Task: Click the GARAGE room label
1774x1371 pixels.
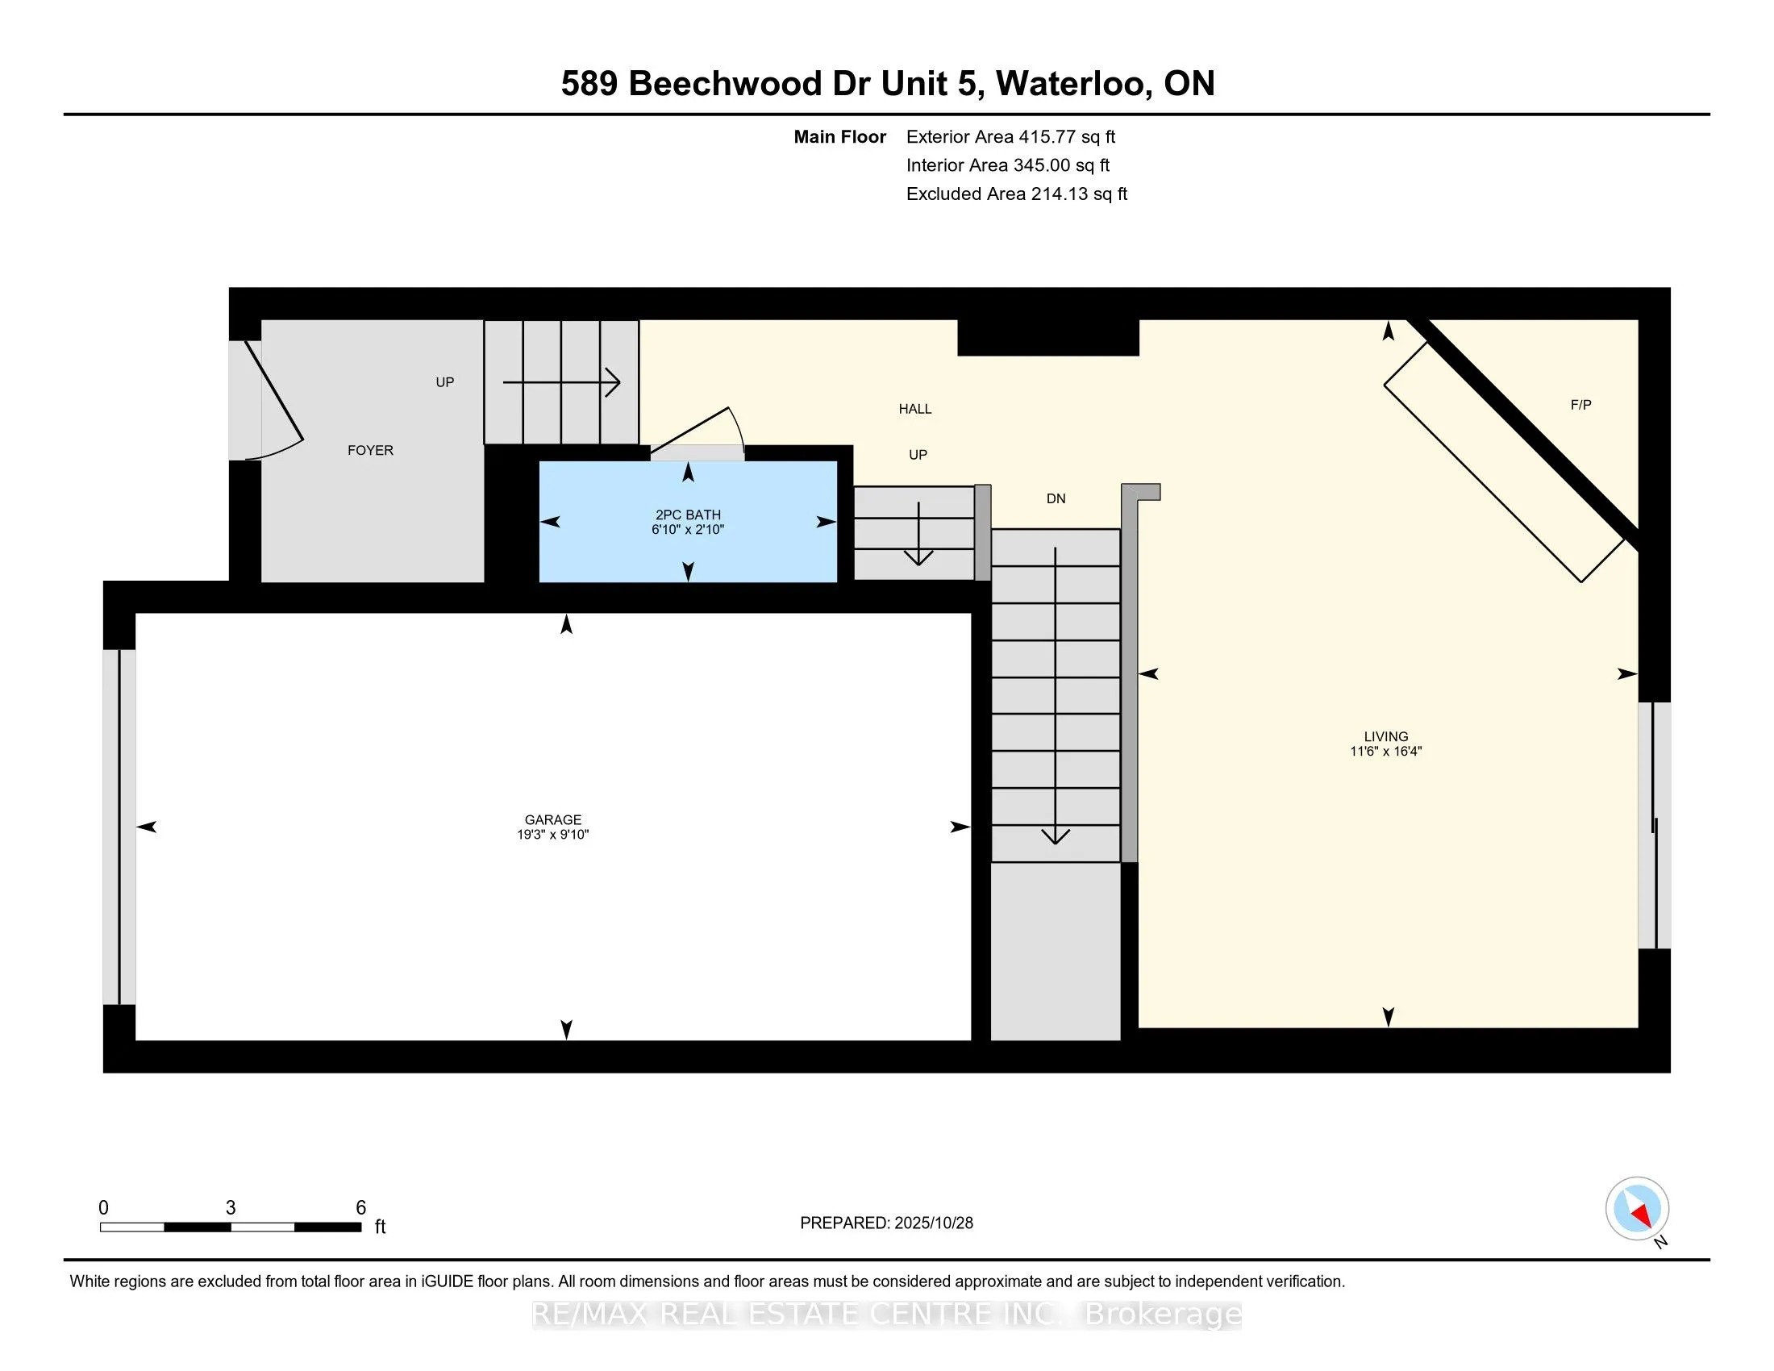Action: point(553,819)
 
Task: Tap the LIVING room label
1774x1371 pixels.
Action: point(1385,736)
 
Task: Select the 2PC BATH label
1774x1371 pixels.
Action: point(688,515)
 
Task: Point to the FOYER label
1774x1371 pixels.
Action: point(370,450)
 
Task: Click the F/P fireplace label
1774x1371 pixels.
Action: point(1580,405)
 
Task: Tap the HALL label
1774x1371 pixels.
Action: point(914,409)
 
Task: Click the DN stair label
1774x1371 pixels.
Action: point(1056,498)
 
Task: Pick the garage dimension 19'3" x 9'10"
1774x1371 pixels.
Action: point(553,834)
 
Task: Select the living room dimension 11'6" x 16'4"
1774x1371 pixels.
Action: point(1385,752)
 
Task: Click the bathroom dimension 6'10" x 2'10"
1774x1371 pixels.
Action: point(688,530)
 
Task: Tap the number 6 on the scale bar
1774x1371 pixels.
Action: point(361,1208)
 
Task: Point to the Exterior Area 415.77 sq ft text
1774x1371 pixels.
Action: point(1010,136)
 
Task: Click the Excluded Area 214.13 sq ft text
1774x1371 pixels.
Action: point(1016,194)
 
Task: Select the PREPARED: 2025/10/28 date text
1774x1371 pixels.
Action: point(886,1223)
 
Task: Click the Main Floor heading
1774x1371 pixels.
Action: point(839,136)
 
